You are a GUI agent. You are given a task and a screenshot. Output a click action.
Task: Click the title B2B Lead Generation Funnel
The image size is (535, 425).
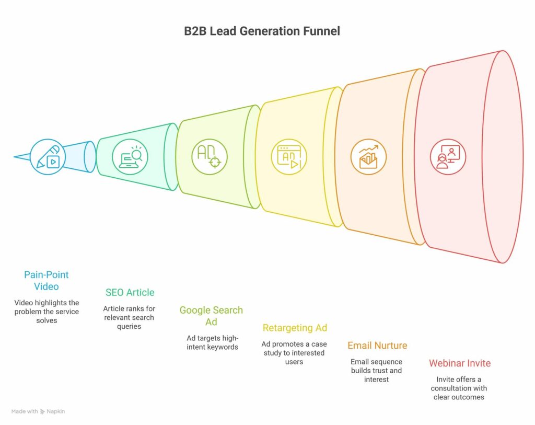click(262, 31)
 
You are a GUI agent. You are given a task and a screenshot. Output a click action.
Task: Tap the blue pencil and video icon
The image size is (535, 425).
click(48, 157)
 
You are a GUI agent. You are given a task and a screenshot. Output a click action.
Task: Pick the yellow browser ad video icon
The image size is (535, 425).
click(288, 157)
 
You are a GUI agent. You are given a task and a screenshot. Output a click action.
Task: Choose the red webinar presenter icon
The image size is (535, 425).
click(448, 157)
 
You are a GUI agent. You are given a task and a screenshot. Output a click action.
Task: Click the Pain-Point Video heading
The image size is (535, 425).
click(46, 281)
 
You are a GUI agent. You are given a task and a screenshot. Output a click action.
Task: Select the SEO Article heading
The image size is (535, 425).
click(130, 292)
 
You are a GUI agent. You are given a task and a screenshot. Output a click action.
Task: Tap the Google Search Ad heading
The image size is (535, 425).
click(211, 316)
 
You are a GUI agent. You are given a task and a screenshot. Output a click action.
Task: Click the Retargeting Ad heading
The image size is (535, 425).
click(295, 328)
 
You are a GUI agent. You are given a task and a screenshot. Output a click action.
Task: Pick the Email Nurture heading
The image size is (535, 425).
click(377, 346)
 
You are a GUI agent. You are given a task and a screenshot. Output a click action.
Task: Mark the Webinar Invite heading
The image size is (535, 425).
click(460, 363)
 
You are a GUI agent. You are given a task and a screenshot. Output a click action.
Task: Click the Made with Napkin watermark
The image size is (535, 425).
click(38, 411)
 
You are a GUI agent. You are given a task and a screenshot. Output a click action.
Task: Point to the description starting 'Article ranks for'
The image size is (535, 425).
click(129, 317)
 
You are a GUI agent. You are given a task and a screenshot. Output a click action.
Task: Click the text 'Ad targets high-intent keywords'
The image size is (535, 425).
click(212, 342)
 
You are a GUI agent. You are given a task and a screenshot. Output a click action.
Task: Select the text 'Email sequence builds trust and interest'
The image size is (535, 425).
click(376, 371)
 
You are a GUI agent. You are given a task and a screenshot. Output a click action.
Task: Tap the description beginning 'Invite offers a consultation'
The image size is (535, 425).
click(459, 388)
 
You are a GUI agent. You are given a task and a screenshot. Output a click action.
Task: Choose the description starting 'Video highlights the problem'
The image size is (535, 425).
click(46, 311)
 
